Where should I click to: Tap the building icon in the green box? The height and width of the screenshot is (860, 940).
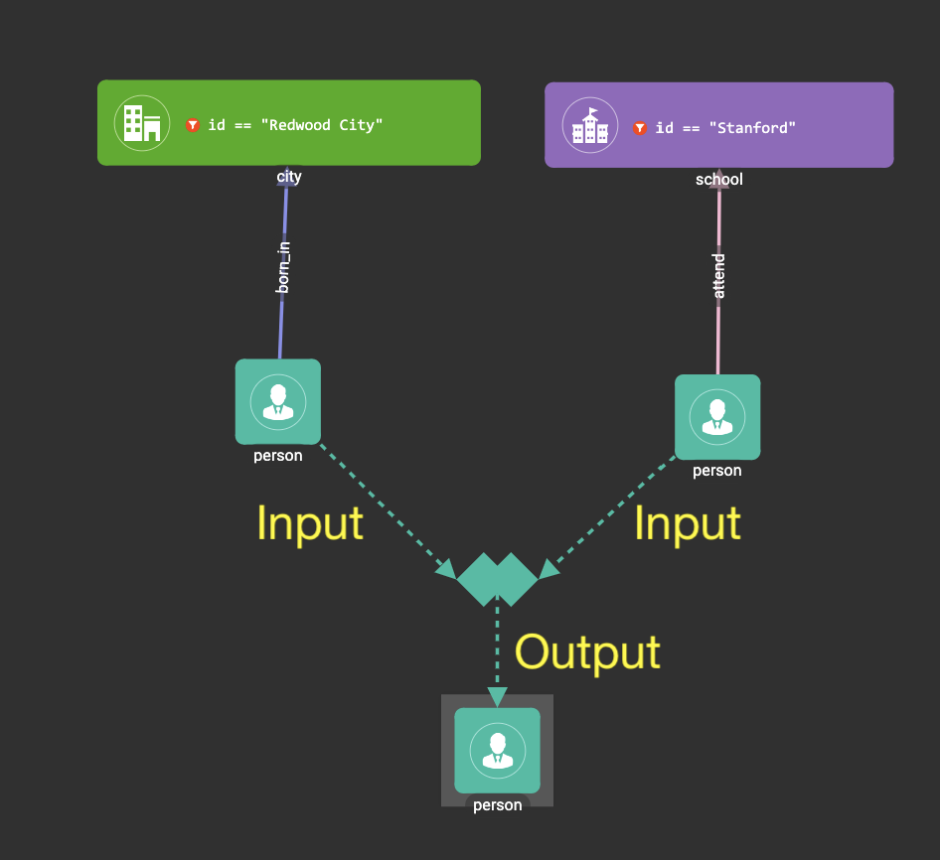tap(142, 123)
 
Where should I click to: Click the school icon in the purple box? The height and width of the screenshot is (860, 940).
tap(590, 126)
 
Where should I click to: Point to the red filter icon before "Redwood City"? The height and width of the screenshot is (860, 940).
tap(193, 125)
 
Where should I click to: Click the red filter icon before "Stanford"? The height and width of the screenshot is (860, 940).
tap(640, 128)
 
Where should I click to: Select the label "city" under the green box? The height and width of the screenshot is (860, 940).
tap(288, 178)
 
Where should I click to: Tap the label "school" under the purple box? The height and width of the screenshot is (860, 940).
tap(718, 180)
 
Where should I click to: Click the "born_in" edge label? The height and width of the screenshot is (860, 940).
tap(284, 266)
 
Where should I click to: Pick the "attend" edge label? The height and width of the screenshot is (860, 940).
tap(719, 275)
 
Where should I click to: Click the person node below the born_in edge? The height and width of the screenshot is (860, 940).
tap(278, 401)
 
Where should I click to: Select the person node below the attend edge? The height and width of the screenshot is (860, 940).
tap(717, 416)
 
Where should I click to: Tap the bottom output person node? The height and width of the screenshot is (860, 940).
tap(497, 750)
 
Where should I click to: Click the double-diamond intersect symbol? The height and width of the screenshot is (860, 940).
tap(497, 579)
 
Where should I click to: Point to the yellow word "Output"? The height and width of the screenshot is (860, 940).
tap(587, 652)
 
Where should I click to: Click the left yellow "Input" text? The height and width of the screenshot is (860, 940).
tap(309, 523)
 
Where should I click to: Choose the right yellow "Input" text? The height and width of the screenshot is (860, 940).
tap(688, 523)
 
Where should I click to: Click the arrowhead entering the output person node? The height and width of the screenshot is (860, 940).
tap(497, 697)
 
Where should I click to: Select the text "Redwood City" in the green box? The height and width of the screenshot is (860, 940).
tap(325, 125)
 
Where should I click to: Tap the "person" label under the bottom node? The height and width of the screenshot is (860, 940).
tap(497, 805)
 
